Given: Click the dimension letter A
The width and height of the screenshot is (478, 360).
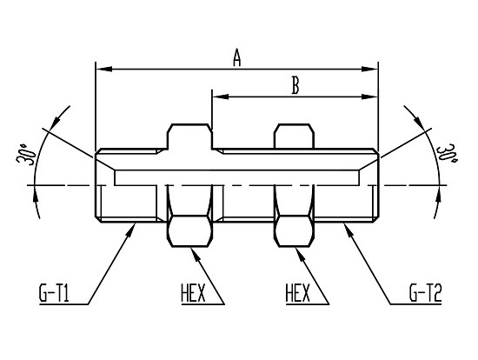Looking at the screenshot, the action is tap(237, 57).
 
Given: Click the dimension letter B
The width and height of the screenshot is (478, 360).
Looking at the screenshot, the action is tap(295, 85).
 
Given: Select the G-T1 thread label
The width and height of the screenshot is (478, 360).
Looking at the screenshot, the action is tap(54, 292).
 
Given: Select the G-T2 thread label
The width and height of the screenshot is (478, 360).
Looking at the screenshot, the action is tap(425, 292).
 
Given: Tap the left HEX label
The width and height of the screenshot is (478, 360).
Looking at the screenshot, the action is tap(193, 293).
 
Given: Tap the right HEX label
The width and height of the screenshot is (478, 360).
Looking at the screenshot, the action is tap(298, 293).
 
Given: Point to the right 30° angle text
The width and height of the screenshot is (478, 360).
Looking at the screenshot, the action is tap(447, 153).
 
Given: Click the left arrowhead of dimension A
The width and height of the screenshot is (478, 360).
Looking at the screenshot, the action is tap(103, 70).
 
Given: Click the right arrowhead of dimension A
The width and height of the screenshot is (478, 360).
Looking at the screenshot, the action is tap(369, 70).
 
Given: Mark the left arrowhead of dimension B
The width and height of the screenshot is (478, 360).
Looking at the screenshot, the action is tap(221, 97).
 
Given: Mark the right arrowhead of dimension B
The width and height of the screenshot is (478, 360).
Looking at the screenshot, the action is tap(369, 97).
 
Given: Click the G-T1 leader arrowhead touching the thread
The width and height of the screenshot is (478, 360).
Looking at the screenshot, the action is tap(131, 230).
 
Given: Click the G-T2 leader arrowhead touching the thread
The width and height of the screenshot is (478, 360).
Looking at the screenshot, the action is tap(349, 230).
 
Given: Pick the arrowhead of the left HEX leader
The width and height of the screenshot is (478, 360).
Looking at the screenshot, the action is tap(195, 254).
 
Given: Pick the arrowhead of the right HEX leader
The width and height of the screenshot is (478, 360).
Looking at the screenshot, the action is tap(300, 254).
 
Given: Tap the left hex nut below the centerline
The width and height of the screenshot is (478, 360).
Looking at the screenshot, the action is tap(189, 231).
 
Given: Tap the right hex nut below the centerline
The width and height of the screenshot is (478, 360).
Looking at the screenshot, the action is tap(294, 231).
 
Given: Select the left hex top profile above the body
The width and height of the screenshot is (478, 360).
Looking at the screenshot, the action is tap(189, 137).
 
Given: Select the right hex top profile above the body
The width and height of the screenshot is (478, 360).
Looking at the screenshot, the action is tap(294, 137).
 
